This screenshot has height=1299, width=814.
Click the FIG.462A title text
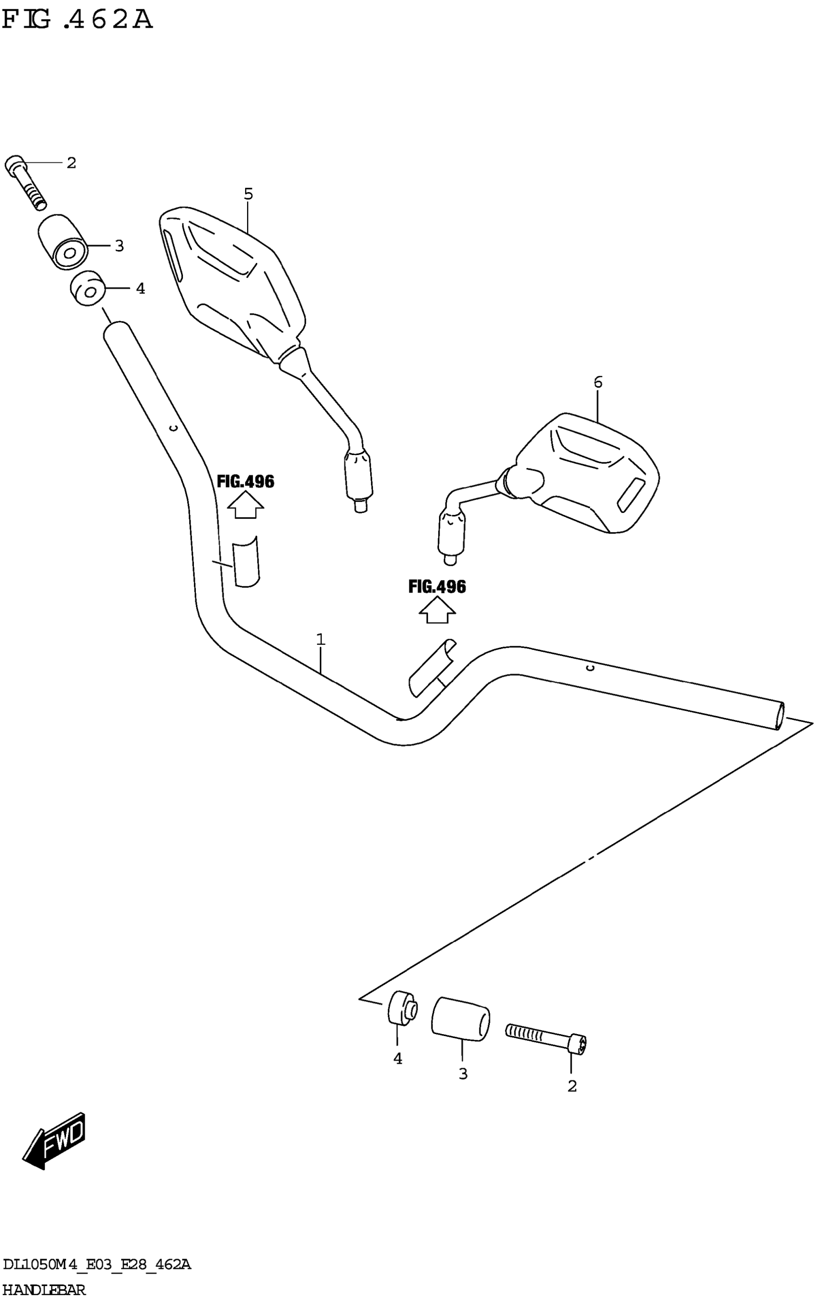click(77, 20)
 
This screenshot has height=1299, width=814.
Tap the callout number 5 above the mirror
click(248, 194)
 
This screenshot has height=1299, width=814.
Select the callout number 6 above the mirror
click(598, 382)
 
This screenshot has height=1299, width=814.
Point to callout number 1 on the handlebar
click(321, 640)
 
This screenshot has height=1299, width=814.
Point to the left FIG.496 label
click(246, 481)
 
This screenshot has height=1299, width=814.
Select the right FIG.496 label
click(437, 586)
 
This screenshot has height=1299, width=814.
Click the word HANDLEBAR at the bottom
click(44, 1289)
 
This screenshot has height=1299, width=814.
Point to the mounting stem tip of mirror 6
click(450, 560)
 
